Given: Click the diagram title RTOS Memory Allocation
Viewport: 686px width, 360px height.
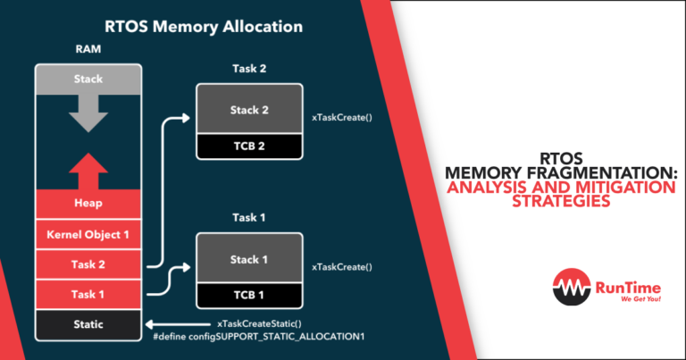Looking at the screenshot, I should pos(203,27).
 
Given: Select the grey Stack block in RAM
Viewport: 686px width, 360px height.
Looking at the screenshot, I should pos(88,80).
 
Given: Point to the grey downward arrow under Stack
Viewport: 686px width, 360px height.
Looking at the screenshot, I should pos(88,113).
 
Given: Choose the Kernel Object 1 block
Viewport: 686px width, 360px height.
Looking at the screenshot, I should pos(88,234).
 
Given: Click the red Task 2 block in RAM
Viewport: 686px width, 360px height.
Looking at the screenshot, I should pos(88,264).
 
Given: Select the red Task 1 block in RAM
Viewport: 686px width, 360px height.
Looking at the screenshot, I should pos(88,293).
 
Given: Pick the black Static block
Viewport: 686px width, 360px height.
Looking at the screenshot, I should pos(88,323).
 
